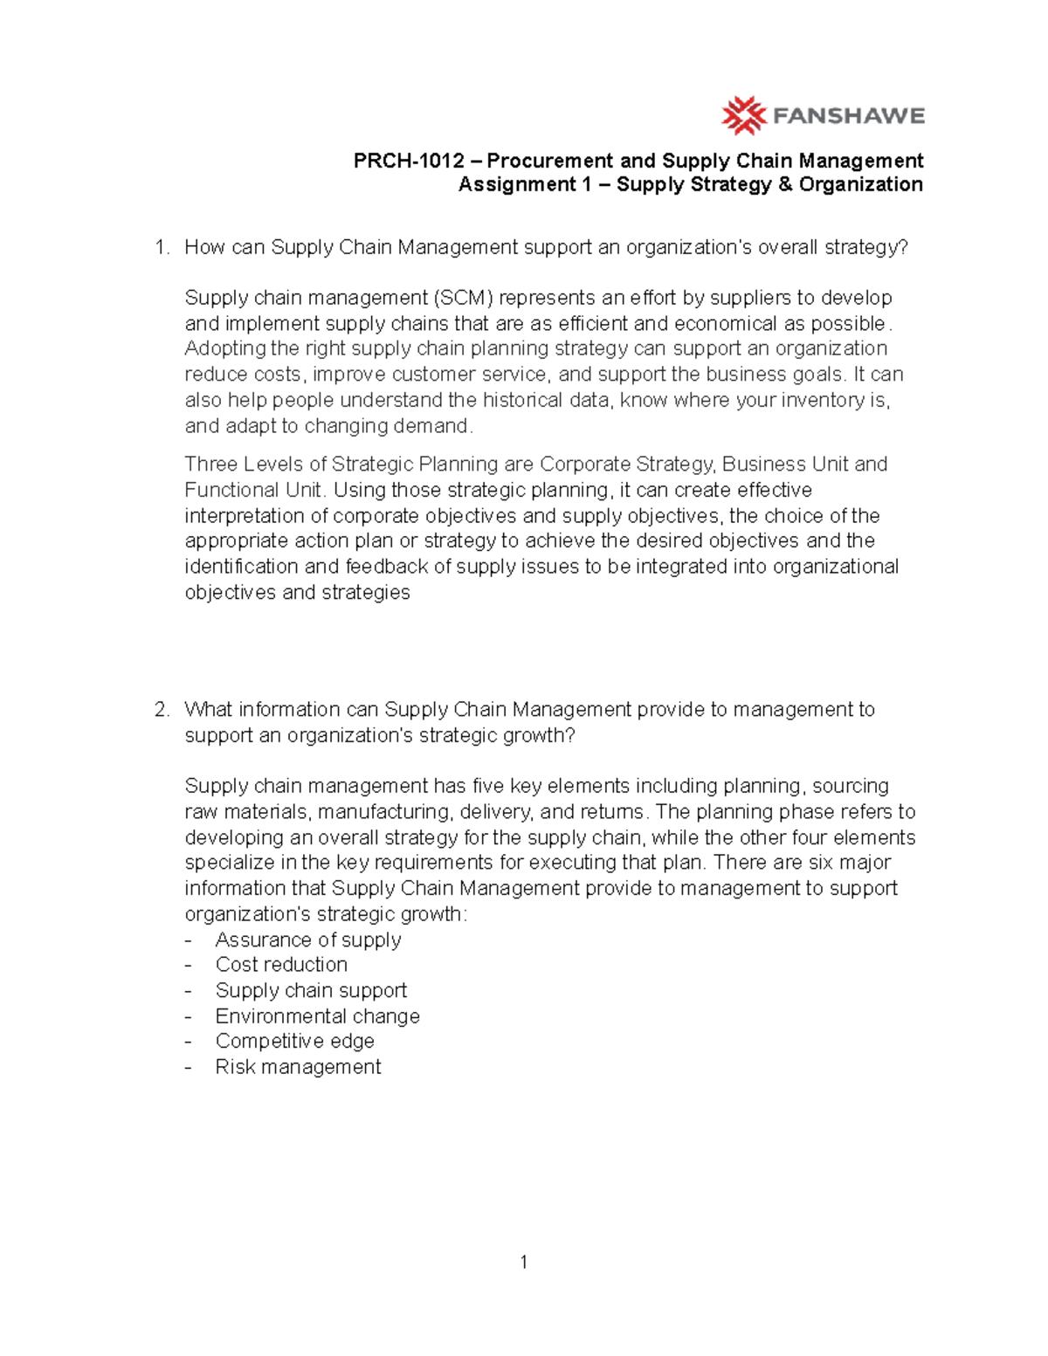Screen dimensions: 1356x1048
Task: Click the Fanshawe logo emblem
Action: tap(743, 115)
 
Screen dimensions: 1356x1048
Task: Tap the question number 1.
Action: tap(160, 248)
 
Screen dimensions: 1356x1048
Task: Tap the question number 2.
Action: tap(160, 710)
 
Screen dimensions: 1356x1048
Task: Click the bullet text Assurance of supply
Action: tap(308, 940)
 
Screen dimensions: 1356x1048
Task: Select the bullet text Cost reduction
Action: tap(281, 965)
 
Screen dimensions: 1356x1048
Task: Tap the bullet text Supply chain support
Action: tap(311, 991)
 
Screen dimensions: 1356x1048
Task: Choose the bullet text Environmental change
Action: tap(318, 1016)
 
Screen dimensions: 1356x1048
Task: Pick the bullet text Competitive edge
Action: tap(295, 1042)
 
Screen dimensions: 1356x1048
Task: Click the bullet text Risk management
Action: tap(298, 1067)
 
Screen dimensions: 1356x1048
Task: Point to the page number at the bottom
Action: tap(523, 1263)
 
